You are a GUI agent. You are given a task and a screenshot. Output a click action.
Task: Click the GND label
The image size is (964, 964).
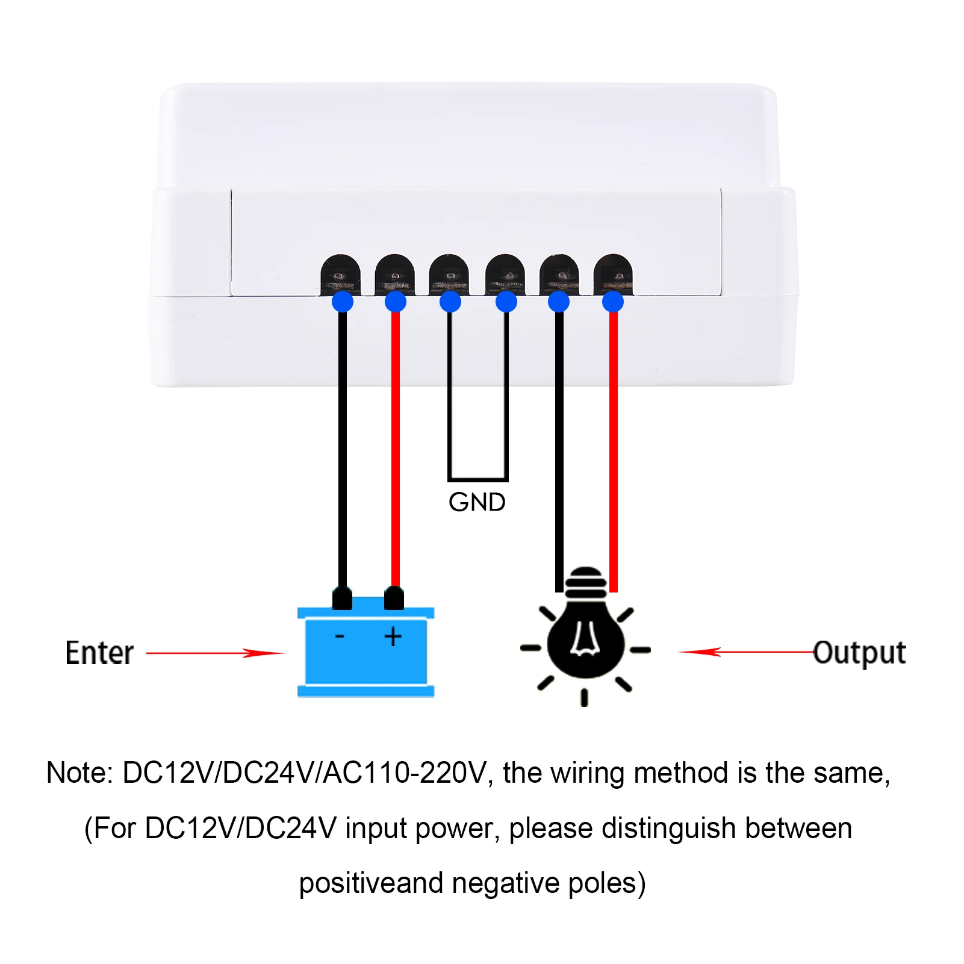(477, 502)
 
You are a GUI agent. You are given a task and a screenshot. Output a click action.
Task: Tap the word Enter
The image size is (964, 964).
(99, 653)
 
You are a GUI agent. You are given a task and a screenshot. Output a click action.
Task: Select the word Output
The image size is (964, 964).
(860, 653)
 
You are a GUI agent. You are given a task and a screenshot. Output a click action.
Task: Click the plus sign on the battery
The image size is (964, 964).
(393, 636)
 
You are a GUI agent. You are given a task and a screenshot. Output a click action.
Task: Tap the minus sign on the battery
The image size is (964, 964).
(340, 636)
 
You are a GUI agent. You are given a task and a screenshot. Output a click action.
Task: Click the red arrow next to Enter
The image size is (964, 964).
(215, 653)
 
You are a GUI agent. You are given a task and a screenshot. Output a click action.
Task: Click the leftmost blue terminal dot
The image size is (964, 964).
(343, 301)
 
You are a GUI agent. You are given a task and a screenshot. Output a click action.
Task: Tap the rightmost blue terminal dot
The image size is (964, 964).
(613, 301)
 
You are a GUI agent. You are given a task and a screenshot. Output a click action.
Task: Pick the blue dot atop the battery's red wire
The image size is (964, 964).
(396, 301)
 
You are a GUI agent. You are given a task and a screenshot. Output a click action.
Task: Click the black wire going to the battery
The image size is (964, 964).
(343, 449)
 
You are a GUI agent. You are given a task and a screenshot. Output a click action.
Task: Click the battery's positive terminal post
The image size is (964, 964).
(394, 599)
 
